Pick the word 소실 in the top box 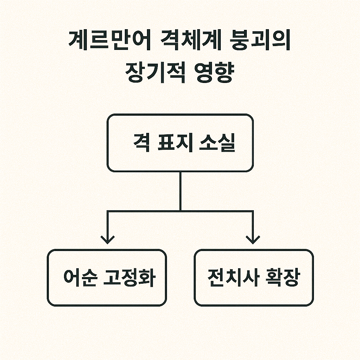coord(218,143)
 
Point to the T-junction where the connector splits coord(180,211)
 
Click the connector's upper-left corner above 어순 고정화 coord(108,211)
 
